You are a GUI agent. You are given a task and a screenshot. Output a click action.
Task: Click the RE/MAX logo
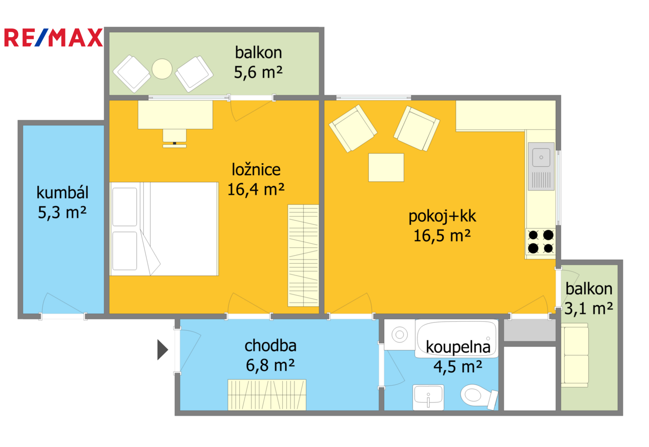click(x=53, y=37)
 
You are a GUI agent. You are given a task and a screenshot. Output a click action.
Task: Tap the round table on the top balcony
click(x=162, y=69)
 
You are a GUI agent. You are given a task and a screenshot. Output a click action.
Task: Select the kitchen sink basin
click(x=541, y=157)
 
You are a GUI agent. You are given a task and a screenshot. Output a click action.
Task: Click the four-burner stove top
click(x=541, y=242)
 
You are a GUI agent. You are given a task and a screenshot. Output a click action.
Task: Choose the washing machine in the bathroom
click(x=399, y=334)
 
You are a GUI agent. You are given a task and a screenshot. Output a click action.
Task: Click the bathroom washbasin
click(x=428, y=397)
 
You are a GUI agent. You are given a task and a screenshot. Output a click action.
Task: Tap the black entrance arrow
click(x=163, y=350)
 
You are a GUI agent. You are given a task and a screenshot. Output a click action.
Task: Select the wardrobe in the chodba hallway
click(x=267, y=394)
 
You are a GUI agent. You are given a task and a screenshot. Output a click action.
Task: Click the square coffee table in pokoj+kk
click(x=386, y=168)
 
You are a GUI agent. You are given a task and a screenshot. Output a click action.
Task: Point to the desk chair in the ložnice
click(x=174, y=138)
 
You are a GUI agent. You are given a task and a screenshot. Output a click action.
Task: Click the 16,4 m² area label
click(x=256, y=190)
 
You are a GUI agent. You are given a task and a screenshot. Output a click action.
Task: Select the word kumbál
click(x=62, y=192)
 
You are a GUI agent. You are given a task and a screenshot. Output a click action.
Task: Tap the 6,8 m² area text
click(x=270, y=365)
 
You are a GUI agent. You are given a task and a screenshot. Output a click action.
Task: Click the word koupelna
click(x=458, y=347)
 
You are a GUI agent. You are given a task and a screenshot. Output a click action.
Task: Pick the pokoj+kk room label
click(x=442, y=216)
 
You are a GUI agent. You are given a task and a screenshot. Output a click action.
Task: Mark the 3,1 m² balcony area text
click(x=589, y=308)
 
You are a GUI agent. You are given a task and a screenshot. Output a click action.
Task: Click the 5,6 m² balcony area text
click(x=258, y=72)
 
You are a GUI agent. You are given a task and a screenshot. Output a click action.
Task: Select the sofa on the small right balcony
click(x=575, y=355)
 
